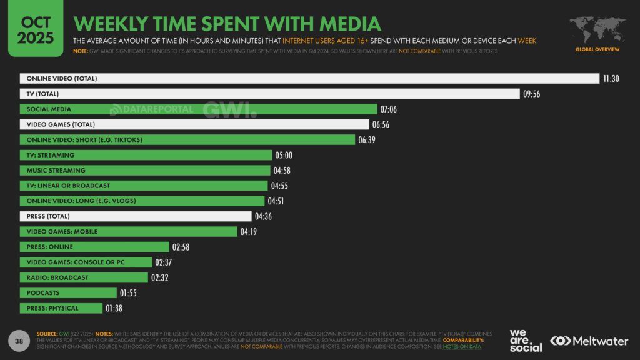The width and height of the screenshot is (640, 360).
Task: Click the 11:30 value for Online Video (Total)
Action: click(x=611, y=79)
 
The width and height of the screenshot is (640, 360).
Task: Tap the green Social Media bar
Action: click(x=199, y=109)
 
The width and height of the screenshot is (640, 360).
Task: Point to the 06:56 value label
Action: click(x=381, y=124)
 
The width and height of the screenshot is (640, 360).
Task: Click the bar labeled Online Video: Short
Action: click(x=187, y=139)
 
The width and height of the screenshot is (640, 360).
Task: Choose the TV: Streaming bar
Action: click(x=146, y=155)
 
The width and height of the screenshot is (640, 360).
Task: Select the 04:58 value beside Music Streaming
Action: click(x=282, y=171)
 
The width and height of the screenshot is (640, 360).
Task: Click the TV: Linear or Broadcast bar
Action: click(x=144, y=186)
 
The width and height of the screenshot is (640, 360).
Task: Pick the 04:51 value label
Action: click(x=276, y=201)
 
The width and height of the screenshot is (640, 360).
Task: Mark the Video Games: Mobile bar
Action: click(x=129, y=232)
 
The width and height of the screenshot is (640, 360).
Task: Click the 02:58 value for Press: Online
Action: click(x=181, y=247)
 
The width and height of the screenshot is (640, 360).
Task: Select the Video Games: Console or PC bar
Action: click(x=86, y=262)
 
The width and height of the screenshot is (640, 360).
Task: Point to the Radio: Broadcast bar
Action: click(x=84, y=277)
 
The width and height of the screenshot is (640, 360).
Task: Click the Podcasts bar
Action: click(x=68, y=293)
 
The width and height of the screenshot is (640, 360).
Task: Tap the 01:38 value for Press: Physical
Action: click(x=114, y=308)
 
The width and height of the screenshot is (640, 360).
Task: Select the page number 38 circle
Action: click(x=19, y=340)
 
